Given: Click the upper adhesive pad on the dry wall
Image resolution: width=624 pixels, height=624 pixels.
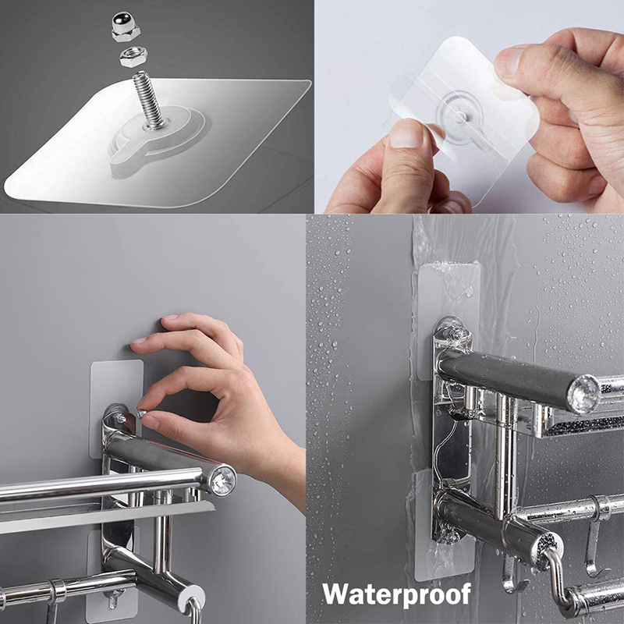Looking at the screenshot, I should pos(117,382).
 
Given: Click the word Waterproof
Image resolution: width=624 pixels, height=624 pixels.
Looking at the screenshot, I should pos(397,594).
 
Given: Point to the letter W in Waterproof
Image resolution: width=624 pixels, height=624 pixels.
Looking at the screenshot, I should pos(338,594).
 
